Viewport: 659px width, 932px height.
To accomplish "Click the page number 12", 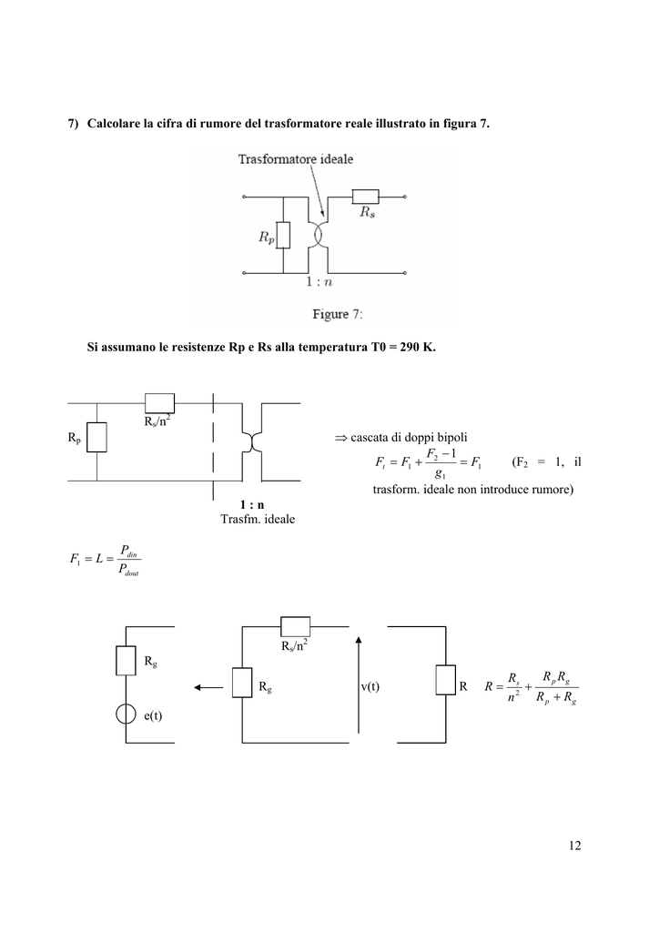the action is click(x=574, y=846).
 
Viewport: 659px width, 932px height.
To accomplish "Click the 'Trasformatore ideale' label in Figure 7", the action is click(x=295, y=158).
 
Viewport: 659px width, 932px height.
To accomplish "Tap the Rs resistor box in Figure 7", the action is click(x=365, y=197).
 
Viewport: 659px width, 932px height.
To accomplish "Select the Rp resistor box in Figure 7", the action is click(x=283, y=236).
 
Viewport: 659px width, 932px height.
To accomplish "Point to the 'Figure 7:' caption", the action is click(x=337, y=314).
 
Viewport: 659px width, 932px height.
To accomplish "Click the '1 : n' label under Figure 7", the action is click(x=319, y=282).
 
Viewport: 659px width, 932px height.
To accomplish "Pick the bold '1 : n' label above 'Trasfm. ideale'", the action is click(x=252, y=504).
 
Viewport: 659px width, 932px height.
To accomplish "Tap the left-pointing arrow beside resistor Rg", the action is click(x=208, y=688).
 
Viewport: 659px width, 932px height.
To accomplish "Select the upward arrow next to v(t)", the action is click(x=359, y=684).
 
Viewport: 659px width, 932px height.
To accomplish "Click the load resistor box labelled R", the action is click(x=446, y=680).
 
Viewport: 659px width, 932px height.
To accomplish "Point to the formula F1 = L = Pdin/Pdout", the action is click(x=106, y=560).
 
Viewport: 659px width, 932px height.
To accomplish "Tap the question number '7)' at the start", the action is click(x=73, y=124).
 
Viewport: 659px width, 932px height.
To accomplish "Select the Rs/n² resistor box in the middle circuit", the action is click(x=160, y=403).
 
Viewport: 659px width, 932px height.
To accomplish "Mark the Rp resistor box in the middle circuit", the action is click(x=96, y=438).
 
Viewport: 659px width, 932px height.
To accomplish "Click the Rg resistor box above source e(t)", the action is click(x=126, y=661).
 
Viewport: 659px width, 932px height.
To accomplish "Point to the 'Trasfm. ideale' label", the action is click(x=258, y=519).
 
